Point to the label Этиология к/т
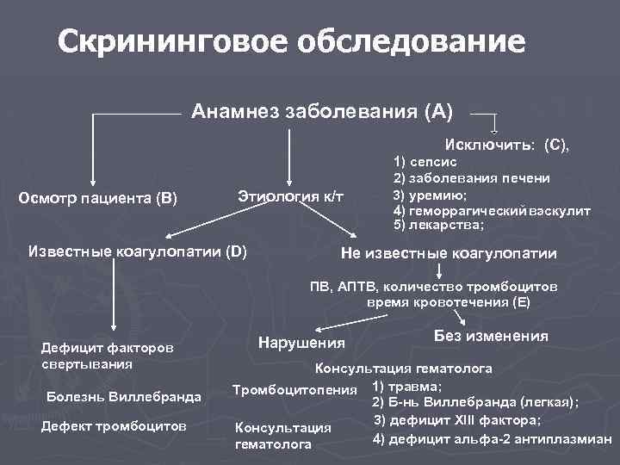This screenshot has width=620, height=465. tap(289, 197)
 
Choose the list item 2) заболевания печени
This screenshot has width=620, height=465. tap(471, 177)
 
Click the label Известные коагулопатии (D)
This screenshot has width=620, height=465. tap(138, 252)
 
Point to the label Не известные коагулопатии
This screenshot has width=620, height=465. tap(449, 253)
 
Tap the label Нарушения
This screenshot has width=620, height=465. tap(301, 343)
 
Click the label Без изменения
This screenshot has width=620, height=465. tap(491, 336)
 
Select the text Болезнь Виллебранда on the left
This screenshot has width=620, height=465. tap(121, 397)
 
